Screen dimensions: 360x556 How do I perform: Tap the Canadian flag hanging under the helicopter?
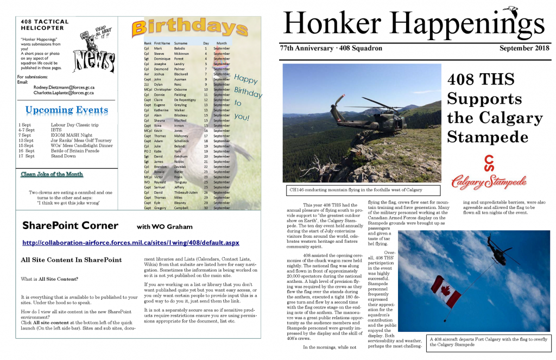(446, 292)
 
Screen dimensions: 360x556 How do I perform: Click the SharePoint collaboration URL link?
(130, 243)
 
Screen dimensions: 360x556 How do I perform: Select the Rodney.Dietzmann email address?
(64, 87)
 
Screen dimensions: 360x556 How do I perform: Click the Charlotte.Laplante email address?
(64, 93)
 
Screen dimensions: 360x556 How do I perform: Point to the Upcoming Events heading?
(67, 111)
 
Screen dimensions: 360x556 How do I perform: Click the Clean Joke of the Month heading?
(52, 174)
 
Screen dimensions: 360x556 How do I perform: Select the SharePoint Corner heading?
(70, 225)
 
